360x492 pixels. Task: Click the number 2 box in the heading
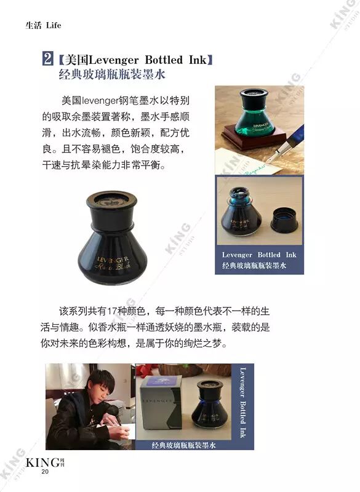48,58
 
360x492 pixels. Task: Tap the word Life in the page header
54,25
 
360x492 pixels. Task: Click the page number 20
45,472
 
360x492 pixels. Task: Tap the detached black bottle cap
284,221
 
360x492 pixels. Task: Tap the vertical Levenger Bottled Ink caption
242,403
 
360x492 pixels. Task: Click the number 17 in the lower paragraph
112,311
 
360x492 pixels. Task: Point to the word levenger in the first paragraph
100,101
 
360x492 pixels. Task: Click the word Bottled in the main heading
164,60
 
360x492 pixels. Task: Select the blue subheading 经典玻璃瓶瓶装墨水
112,74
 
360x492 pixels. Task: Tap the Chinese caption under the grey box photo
183,445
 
